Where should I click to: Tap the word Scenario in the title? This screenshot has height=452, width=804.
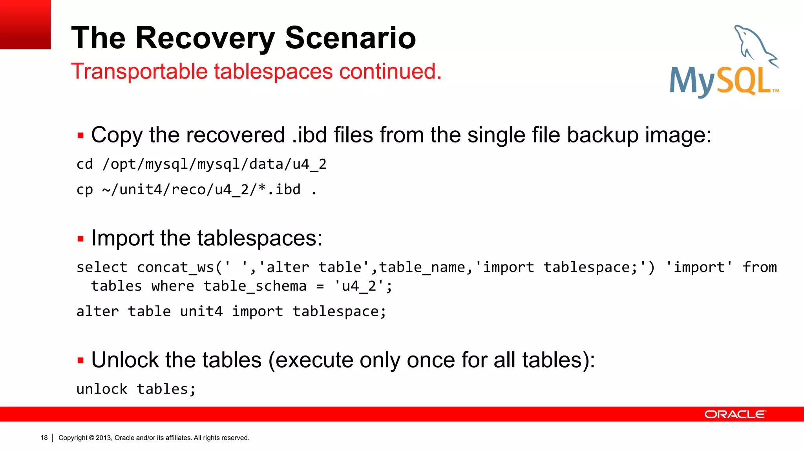click(350, 38)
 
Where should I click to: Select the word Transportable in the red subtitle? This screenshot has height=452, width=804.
click(139, 71)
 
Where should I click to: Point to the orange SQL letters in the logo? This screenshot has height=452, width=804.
click(744, 82)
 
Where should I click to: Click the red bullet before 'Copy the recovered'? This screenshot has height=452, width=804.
click(80, 136)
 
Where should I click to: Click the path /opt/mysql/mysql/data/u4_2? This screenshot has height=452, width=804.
click(214, 164)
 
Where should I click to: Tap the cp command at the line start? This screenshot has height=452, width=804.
click(84, 190)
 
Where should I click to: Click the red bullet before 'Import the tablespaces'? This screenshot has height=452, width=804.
click(80, 239)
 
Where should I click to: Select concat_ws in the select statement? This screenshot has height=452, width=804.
click(175, 267)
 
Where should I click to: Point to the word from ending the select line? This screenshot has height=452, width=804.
click(759, 267)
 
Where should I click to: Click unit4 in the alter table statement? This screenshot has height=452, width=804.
click(201, 312)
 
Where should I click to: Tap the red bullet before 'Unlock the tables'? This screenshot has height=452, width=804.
click(80, 361)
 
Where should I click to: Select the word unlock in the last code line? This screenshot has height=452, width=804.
click(102, 389)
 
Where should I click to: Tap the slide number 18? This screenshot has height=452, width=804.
click(44, 438)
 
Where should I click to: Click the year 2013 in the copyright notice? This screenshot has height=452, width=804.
click(104, 438)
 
